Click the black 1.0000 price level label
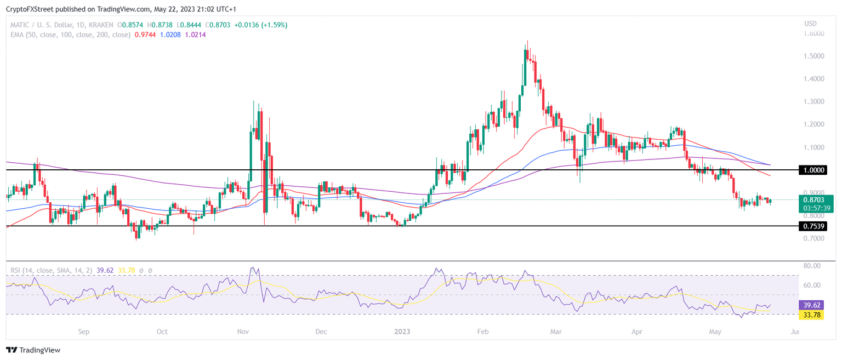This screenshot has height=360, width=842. (x=813, y=170)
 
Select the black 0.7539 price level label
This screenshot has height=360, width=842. (x=813, y=226)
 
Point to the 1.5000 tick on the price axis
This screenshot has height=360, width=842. (x=813, y=56)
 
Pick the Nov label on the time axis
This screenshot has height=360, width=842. (x=243, y=332)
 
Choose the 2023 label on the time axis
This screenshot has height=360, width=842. (x=402, y=332)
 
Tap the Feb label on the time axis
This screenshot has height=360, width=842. (x=482, y=332)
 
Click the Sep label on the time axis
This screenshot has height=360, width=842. (x=83, y=332)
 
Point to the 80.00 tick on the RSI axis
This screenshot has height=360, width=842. (x=812, y=266)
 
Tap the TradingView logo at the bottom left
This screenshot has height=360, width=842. (x=33, y=350)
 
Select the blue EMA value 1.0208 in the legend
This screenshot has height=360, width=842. (x=170, y=35)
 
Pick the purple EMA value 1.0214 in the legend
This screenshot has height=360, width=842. (x=196, y=35)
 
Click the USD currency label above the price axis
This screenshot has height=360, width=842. (x=810, y=24)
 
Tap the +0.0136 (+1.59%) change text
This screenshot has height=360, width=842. (x=260, y=25)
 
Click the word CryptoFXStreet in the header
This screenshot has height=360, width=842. (x=30, y=9)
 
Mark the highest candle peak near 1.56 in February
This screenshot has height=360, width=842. (x=527, y=41)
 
